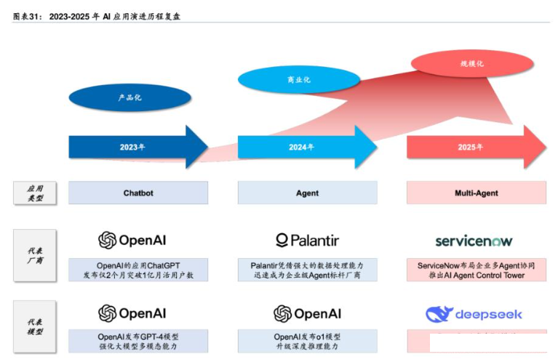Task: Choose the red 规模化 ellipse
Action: click(471, 63)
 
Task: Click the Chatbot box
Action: click(138, 193)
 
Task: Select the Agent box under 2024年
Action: click(307, 193)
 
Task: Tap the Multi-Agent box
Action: click(476, 193)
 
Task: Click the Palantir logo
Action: click(307, 241)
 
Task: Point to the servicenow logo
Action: click(474, 241)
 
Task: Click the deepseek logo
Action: click(474, 314)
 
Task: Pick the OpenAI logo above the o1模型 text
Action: click(307, 314)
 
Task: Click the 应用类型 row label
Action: click(34, 193)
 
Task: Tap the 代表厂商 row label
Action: click(34, 255)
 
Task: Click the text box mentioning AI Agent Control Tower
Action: click(476, 270)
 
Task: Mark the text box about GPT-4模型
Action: click(138, 342)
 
